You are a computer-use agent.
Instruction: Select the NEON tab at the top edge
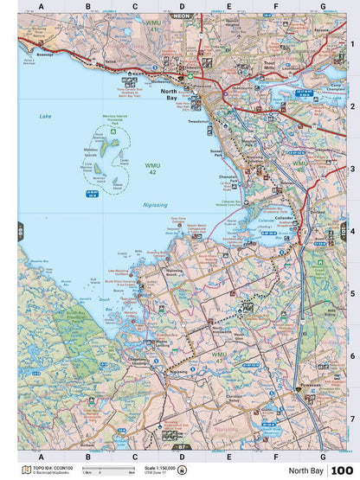(180, 16)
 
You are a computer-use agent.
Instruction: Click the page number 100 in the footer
(341, 470)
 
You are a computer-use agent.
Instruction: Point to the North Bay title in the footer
(306, 470)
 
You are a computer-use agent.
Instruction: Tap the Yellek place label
(111, 63)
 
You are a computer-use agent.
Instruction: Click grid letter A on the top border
(40, 7)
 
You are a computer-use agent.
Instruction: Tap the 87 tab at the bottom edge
(182, 447)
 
